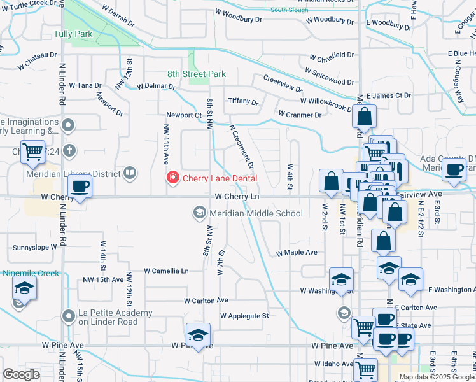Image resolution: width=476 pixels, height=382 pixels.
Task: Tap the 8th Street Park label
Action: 197,74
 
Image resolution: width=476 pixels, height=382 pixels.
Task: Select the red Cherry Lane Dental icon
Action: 172,178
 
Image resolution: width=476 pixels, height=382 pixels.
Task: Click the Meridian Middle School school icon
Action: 199,213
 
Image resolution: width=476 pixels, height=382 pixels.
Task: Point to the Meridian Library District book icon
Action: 130,173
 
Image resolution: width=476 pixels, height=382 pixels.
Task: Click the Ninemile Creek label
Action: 31,273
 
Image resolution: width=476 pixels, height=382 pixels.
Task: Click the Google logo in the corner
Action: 21,374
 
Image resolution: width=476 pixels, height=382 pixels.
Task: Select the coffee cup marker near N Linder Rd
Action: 80,186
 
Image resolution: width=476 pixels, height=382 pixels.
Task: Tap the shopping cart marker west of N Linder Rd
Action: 32,152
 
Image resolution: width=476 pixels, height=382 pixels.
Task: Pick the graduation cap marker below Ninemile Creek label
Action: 24,288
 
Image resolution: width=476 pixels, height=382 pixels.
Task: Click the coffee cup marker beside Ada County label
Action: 454,169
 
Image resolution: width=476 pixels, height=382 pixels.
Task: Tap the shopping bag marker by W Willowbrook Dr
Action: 364,117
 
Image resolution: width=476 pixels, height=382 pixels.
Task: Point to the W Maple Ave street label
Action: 296,253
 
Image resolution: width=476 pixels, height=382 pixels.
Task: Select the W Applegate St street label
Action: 244,315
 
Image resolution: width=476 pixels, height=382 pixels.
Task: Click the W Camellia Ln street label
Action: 167,271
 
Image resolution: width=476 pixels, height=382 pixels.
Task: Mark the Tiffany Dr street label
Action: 243,102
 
